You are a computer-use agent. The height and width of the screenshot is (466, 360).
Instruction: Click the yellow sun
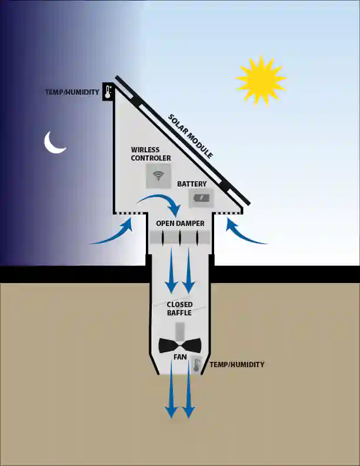tap(261, 79)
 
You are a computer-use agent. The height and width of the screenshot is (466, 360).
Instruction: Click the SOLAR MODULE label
tap(191, 136)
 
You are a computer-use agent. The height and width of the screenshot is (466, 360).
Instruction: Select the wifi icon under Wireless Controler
tap(158, 176)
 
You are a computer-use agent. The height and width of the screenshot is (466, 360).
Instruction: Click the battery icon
tap(201, 198)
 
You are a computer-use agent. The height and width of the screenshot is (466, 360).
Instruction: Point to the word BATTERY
tap(192, 184)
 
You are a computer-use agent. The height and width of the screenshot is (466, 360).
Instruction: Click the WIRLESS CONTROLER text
tap(151, 154)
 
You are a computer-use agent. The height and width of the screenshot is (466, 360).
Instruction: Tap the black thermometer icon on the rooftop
tap(108, 92)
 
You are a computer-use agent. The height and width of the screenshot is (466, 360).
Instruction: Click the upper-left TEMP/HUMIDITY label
tap(72, 92)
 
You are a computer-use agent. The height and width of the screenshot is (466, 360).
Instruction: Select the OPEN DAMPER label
tap(181, 223)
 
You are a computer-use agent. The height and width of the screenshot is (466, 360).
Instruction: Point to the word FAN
tap(180, 357)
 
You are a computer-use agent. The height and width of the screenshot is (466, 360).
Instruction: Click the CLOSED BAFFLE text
tap(179, 308)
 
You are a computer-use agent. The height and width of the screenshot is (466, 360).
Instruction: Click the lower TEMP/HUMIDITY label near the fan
tap(236, 364)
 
